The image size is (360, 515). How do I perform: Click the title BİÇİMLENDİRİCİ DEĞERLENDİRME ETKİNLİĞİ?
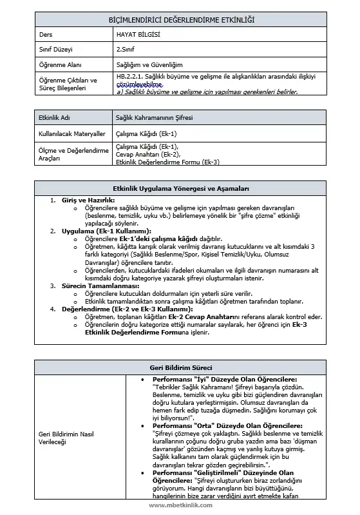[x=180, y=21]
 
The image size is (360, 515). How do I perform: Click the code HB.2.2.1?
[x=131, y=75]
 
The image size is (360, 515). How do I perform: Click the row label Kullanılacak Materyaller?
[x=72, y=133]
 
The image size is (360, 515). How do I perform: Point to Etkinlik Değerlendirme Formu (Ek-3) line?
[x=167, y=162]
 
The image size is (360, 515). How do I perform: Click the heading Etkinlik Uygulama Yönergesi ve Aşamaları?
[x=180, y=189]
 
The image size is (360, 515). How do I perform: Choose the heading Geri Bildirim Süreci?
[x=180, y=367]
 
